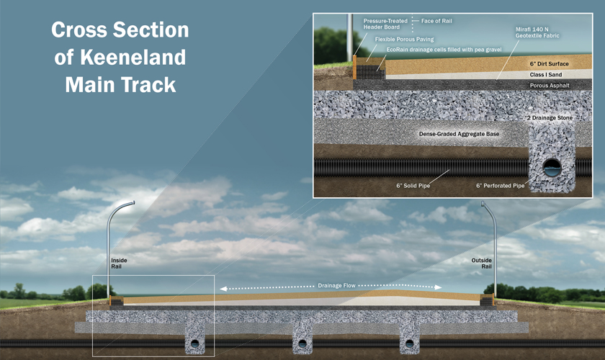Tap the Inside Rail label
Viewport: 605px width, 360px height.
(x=119, y=264)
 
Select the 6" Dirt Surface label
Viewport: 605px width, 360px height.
(x=550, y=63)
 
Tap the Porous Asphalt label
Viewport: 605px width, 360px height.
(x=550, y=86)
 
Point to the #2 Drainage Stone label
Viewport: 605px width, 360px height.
(x=552, y=117)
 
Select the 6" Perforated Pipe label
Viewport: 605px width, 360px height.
(x=500, y=185)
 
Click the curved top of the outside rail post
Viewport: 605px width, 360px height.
(x=486, y=206)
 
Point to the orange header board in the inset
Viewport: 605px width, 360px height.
(x=355, y=67)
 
